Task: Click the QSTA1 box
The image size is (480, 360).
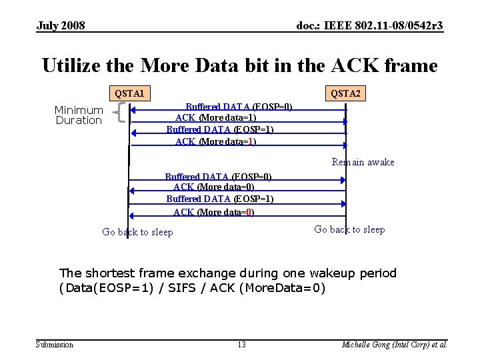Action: (x=129, y=93)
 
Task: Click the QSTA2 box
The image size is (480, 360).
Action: (x=345, y=93)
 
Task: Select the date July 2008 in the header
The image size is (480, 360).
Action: (x=61, y=26)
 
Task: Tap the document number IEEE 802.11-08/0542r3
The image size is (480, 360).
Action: (x=369, y=26)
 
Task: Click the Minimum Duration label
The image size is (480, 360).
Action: (x=79, y=115)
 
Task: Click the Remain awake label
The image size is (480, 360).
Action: (x=363, y=162)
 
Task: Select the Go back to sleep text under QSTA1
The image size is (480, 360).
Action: (x=137, y=232)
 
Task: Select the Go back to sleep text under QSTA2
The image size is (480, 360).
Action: (x=349, y=229)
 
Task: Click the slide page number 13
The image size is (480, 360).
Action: (x=241, y=345)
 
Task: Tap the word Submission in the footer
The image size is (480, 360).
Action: (x=55, y=345)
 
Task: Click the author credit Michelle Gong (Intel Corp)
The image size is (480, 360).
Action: (x=394, y=345)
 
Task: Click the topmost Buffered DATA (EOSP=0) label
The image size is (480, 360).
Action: (x=239, y=107)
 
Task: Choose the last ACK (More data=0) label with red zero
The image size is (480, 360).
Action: (x=213, y=212)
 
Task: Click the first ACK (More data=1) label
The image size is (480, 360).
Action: (x=215, y=118)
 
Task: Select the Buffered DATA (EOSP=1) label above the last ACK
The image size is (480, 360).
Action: (x=219, y=199)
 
